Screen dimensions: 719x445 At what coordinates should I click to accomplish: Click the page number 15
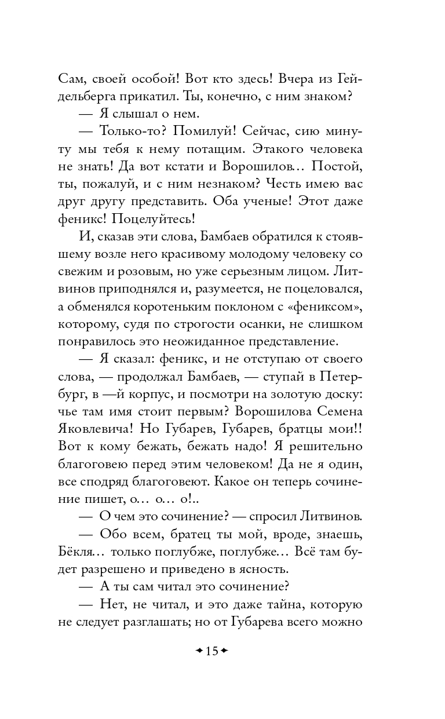pyautogui.click(x=211, y=651)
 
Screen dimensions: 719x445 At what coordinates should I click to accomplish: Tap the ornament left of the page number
pyautogui.click(x=199, y=651)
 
